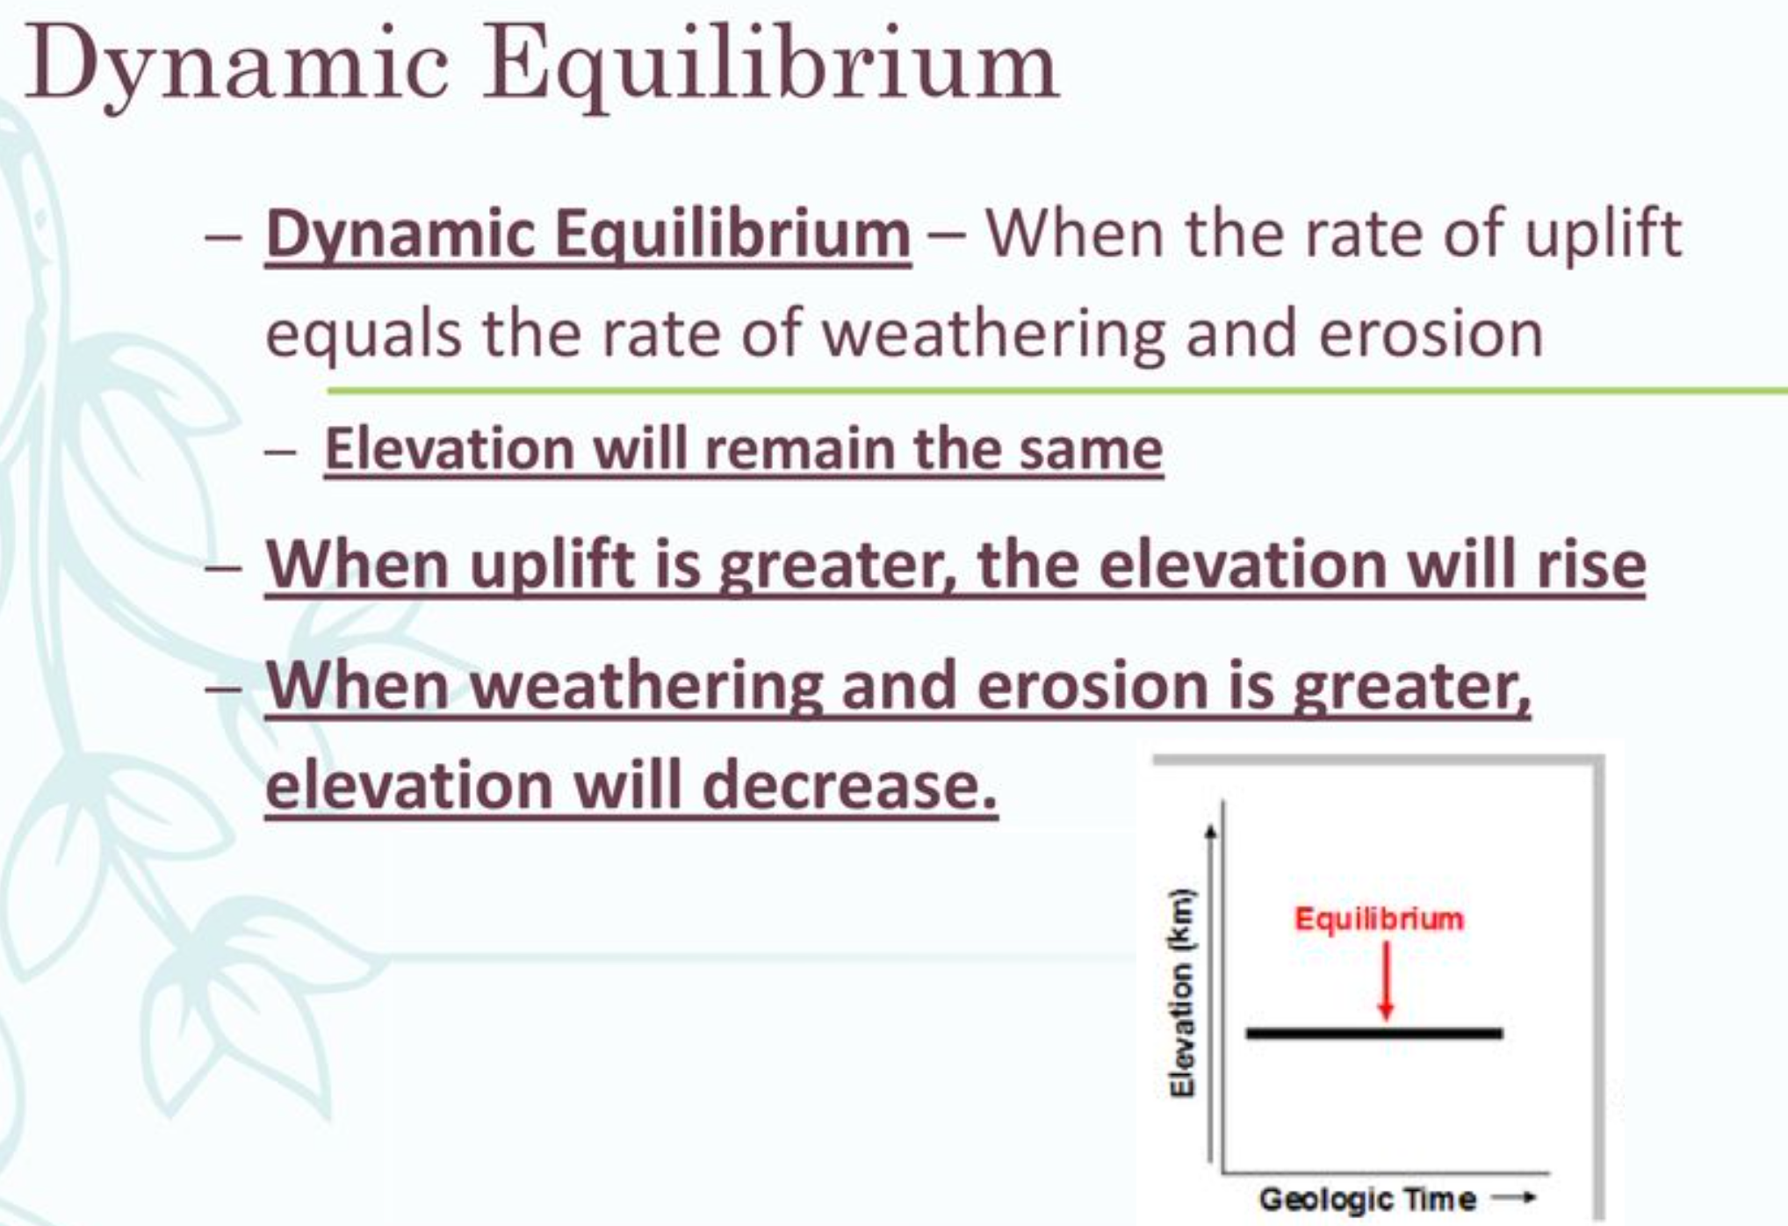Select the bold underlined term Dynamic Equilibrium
point(588,234)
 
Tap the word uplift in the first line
point(1603,234)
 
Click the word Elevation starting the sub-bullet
point(449,449)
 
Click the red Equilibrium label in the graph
point(1379,919)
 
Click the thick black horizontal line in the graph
point(1373,1034)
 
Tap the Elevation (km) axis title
point(1182,993)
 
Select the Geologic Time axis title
point(1367,1199)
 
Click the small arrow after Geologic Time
point(1515,1197)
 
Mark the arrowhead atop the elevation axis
point(1211,830)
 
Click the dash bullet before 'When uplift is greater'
point(223,566)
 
